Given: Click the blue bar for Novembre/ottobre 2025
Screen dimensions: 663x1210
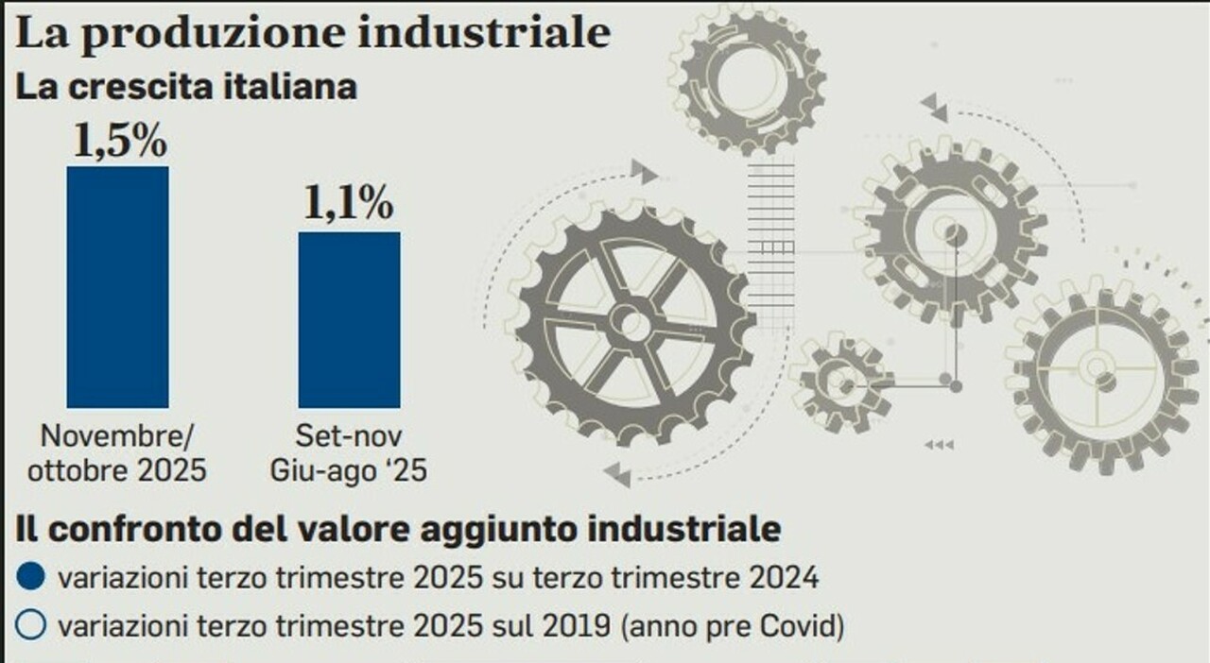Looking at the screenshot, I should click(117, 287).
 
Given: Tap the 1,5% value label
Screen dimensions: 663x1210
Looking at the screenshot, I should click(119, 142).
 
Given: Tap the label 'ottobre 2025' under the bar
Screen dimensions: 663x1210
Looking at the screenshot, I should click(116, 469).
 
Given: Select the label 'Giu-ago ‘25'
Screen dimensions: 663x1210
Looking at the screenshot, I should click(348, 469).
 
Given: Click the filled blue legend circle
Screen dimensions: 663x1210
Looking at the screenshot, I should click(31, 578).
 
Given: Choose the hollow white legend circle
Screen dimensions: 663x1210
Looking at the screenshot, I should click(31, 625).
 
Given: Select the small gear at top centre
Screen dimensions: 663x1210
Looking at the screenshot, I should click(748, 76).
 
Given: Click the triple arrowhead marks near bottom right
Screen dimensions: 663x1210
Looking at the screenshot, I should click(938, 445).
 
